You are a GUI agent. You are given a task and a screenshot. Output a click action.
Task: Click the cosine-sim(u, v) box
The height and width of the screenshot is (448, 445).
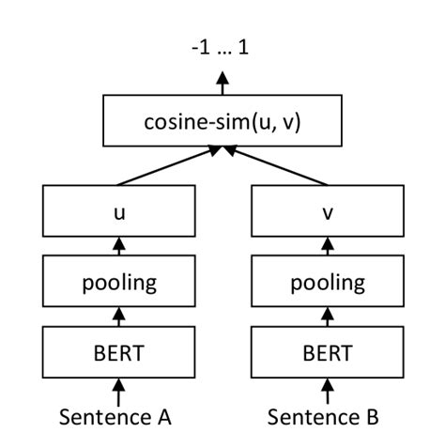(x=222, y=123)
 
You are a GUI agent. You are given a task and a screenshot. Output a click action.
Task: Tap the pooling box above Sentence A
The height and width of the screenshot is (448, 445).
(x=118, y=283)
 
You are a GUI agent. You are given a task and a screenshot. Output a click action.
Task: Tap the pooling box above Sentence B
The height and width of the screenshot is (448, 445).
(x=327, y=283)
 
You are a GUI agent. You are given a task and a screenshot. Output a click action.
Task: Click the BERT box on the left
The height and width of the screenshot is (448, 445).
(x=118, y=352)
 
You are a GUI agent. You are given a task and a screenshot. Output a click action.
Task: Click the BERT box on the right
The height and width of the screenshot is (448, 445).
(x=327, y=352)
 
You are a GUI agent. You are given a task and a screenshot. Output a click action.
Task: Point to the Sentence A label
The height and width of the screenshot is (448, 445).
(x=118, y=414)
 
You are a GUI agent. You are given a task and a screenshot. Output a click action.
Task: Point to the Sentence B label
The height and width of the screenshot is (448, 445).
(x=327, y=414)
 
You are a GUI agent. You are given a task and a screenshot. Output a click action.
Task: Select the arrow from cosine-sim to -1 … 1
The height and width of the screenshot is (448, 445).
(x=222, y=85)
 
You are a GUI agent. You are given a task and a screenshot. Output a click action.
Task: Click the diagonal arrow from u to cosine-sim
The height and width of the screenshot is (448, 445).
(x=169, y=165)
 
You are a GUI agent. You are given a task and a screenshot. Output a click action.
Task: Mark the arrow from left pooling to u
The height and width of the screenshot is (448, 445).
(x=118, y=247)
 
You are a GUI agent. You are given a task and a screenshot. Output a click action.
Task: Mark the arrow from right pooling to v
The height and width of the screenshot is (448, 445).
(x=327, y=247)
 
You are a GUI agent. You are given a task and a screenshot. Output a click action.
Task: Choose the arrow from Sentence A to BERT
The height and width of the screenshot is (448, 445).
(x=118, y=388)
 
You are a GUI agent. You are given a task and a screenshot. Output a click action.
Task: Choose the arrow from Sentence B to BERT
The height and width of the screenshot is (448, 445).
(x=327, y=388)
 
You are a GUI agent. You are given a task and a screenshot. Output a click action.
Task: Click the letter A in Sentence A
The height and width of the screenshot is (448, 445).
(x=164, y=414)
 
